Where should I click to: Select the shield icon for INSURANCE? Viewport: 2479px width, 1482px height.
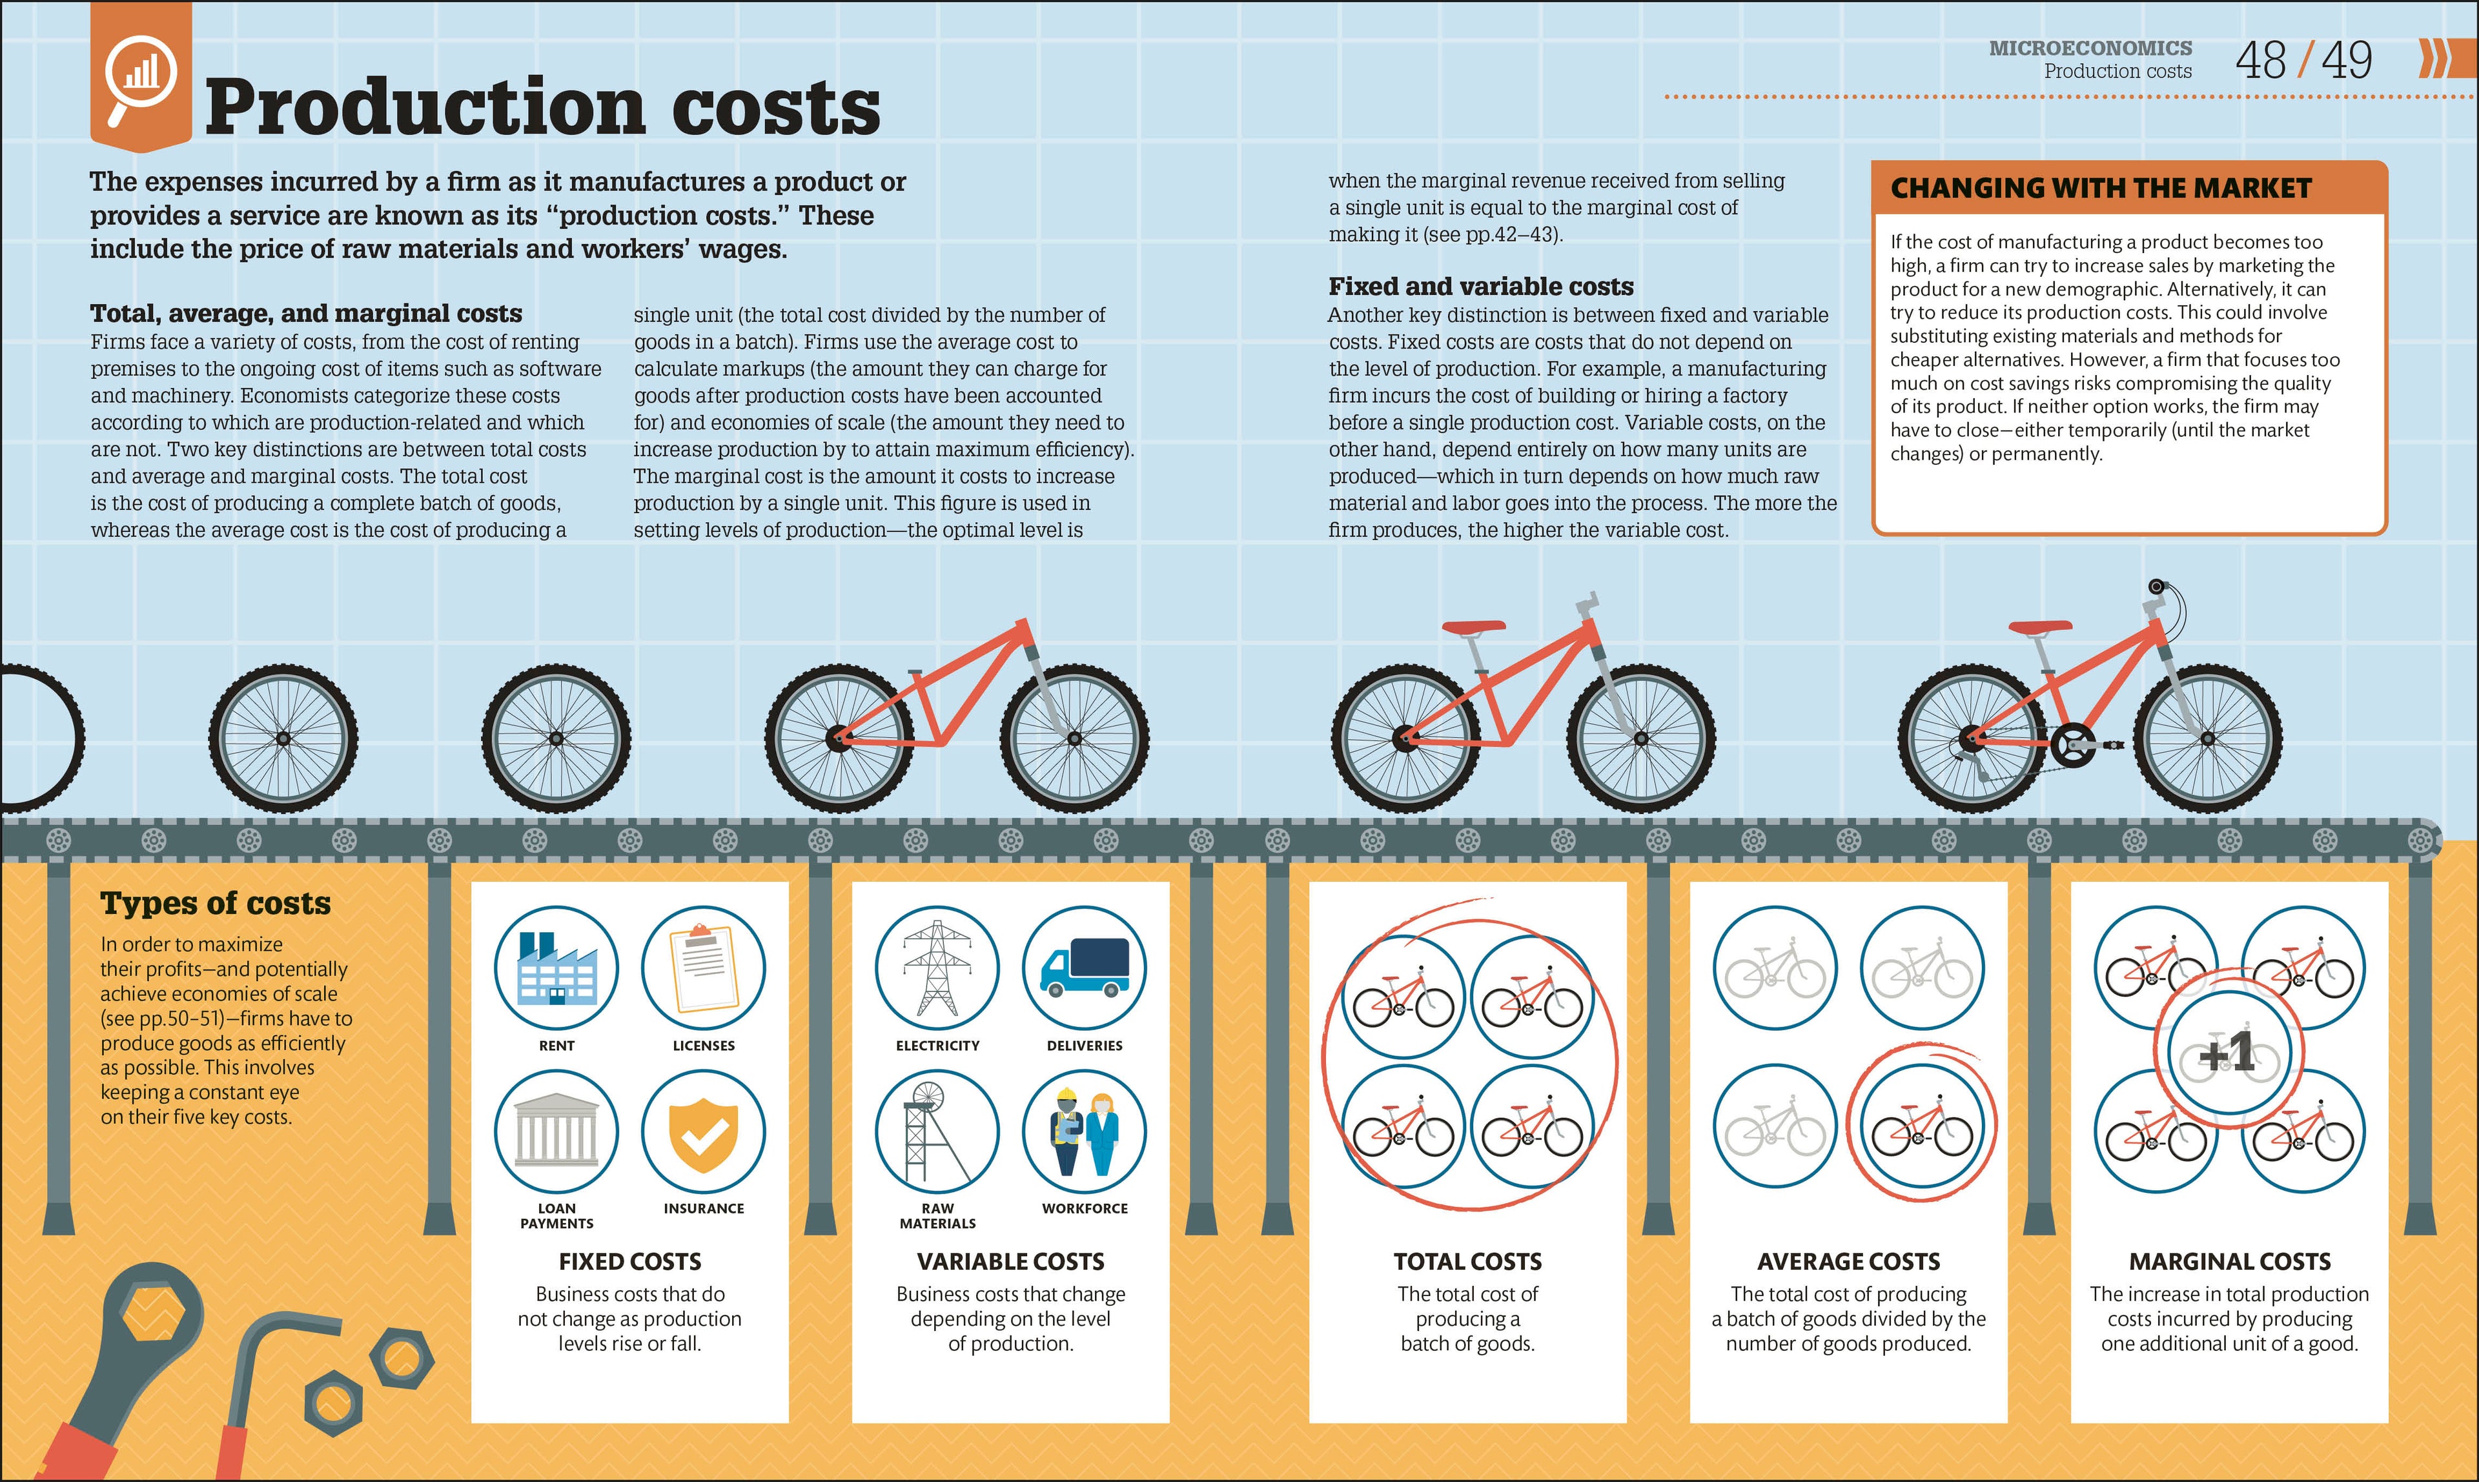tap(703, 1132)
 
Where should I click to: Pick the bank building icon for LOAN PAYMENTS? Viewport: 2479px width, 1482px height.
tap(556, 1132)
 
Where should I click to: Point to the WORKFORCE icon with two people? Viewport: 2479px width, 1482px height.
tap(1085, 1132)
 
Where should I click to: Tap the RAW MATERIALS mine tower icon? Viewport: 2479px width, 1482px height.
tap(937, 1132)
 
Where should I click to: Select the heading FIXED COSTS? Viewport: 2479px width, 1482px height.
tap(629, 1261)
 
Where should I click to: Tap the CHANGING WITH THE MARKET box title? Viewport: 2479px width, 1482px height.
tap(2101, 188)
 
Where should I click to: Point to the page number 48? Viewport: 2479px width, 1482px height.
tap(2260, 61)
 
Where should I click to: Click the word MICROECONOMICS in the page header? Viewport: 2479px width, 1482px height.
tap(2090, 48)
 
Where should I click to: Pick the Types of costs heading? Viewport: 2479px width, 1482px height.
tap(215, 903)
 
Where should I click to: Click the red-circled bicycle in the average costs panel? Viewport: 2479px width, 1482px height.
tap(1921, 1132)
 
